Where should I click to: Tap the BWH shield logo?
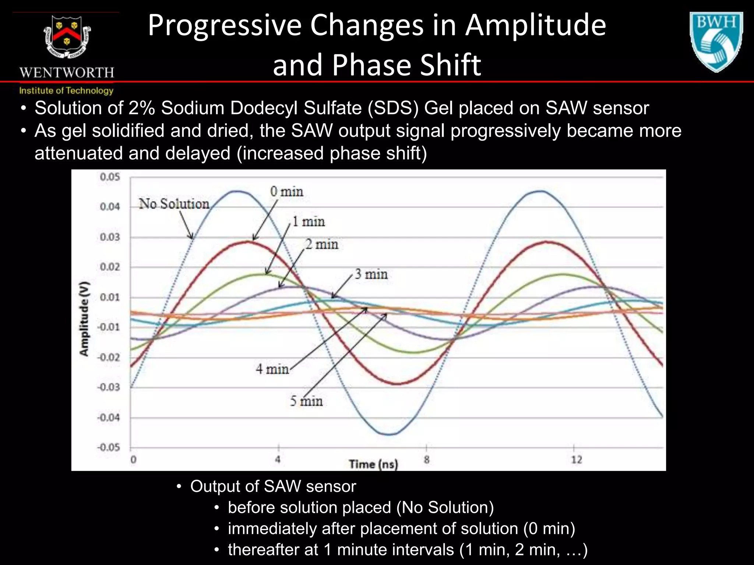pos(716,41)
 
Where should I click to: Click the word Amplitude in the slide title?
pos(535,26)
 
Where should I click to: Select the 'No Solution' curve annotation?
pos(174,204)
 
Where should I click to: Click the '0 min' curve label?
pos(286,192)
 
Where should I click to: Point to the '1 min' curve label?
pos(309,222)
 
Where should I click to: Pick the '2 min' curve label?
pos(322,244)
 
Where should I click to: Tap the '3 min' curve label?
pos(371,274)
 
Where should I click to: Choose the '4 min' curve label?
pos(272,369)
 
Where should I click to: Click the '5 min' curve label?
pos(306,401)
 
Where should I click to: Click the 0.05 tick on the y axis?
pos(110,177)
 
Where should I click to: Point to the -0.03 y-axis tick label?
pos(109,387)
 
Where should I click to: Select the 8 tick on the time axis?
pos(426,459)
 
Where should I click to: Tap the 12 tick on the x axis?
pos(576,459)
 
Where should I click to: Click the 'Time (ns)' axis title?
pos(373,464)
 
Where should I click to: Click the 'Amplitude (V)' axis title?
pos(84,319)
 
